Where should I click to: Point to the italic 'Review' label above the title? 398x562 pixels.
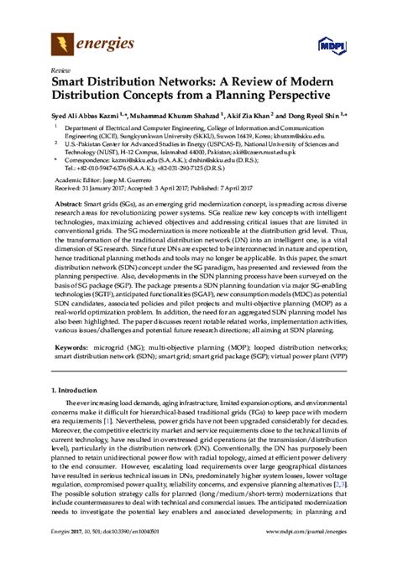click(x=61, y=70)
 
